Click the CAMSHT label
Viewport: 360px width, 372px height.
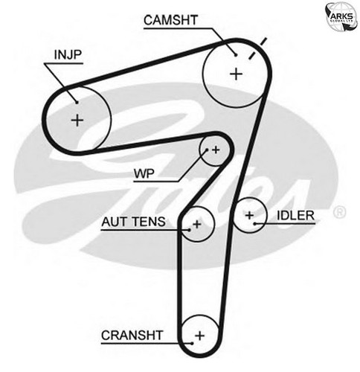[x=170, y=20]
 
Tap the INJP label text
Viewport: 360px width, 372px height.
[x=68, y=55]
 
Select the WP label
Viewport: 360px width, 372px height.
[x=144, y=173]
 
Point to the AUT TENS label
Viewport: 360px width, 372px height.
[x=133, y=222]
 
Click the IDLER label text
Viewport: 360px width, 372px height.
[x=295, y=216]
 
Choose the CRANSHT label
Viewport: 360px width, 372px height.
[x=132, y=336]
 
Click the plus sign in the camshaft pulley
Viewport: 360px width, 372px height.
[x=236, y=74]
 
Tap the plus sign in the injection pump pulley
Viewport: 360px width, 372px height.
[x=77, y=121]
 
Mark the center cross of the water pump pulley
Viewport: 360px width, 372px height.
[x=216, y=150]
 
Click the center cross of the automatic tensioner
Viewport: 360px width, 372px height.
[x=197, y=225]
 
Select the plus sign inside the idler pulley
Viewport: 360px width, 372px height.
[x=249, y=215]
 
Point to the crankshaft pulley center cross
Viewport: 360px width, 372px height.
[x=199, y=336]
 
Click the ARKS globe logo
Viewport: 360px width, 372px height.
[x=341, y=16]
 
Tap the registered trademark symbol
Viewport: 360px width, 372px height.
[x=339, y=213]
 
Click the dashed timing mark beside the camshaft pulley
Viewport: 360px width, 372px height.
[x=257, y=48]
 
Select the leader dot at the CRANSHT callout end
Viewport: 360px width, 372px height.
[x=192, y=343]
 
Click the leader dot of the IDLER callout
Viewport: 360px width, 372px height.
[x=254, y=224]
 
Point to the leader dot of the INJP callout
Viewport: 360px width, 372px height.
[x=77, y=102]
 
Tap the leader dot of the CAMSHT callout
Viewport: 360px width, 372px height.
[x=236, y=55]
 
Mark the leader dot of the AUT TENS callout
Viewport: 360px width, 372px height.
[x=189, y=230]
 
